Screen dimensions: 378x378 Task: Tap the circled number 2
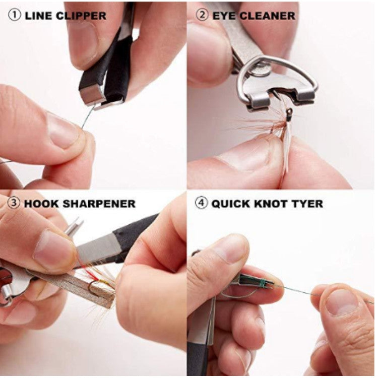pyautogui.click(x=202, y=15)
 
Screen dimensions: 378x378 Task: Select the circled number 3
pyautogui.click(x=14, y=204)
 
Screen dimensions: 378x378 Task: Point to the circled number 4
pyautogui.click(x=202, y=204)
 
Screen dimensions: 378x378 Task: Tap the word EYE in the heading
pyautogui.click(x=225, y=15)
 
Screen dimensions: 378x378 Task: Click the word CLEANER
pyautogui.click(x=268, y=15)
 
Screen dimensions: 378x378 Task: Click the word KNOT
pyautogui.click(x=272, y=204)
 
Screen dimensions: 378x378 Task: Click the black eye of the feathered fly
pyautogui.click(x=289, y=115)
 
